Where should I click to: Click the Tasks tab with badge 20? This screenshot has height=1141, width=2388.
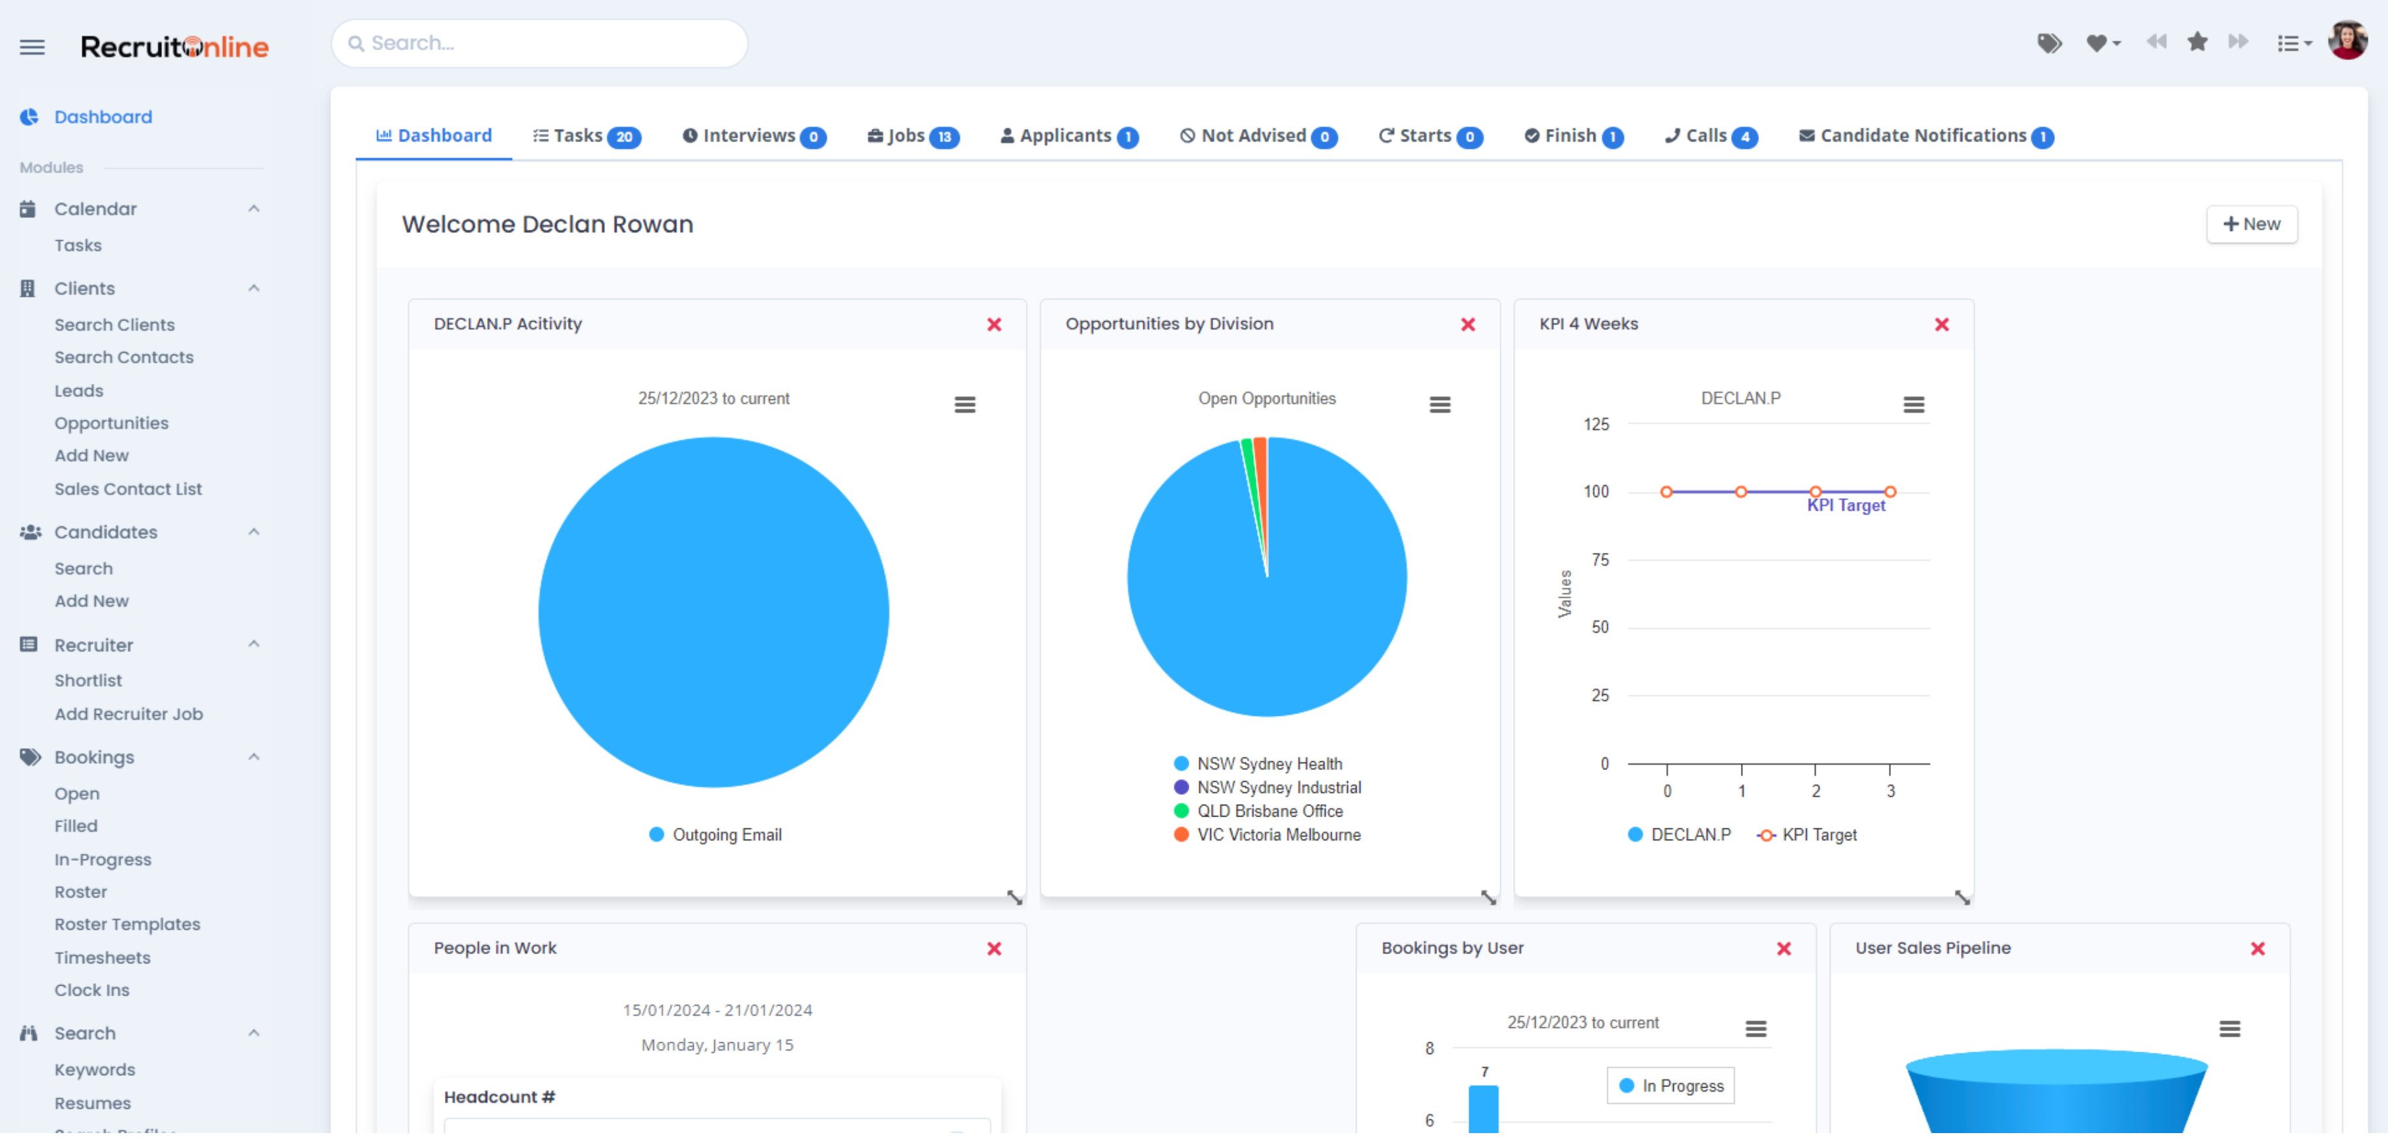[x=586, y=136]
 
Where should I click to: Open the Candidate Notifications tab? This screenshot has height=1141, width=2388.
[x=1925, y=136]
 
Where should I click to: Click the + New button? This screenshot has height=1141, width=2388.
[x=2251, y=224]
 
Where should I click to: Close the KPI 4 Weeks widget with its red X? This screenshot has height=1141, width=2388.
[x=1941, y=324]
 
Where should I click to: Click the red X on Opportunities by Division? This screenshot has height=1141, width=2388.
[x=1467, y=324]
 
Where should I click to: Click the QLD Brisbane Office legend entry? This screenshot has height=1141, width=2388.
[x=1268, y=811]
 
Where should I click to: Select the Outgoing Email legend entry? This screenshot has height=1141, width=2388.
[x=726, y=835]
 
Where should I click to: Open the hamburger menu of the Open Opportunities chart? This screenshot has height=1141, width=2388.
[x=1439, y=405]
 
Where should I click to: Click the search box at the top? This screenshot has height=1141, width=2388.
[x=540, y=43]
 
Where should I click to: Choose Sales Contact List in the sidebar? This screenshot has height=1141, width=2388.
[x=128, y=490]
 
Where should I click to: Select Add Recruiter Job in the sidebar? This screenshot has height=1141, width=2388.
[x=128, y=715]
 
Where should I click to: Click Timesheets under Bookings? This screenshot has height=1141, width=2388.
[x=102, y=957]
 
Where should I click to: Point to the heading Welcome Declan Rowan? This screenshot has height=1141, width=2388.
[x=547, y=224]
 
